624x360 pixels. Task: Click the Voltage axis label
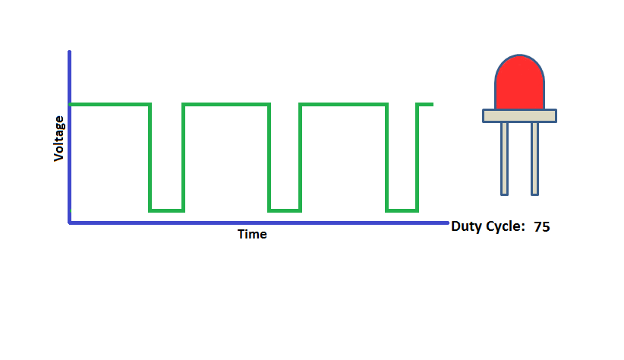(x=58, y=137)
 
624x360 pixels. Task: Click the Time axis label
(x=252, y=234)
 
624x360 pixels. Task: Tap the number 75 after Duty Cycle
(x=541, y=226)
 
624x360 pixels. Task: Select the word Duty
(x=466, y=226)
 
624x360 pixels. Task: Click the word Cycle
(x=505, y=226)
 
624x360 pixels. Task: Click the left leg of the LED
(x=504, y=157)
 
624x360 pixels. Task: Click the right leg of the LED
(x=534, y=157)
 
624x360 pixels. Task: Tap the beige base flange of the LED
(x=520, y=115)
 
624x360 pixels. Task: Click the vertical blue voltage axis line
(x=70, y=137)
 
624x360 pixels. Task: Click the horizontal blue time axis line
(x=258, y=223)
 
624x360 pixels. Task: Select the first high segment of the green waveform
(x=110, y=104)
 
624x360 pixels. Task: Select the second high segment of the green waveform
(x=226, y=104)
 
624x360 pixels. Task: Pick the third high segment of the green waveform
(x=343, y=104)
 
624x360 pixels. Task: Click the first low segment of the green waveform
(x=167, y=210)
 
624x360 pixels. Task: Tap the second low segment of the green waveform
(x=285, y=210)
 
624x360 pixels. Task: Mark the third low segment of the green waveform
(x=402, y=210)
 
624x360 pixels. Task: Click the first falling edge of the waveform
(x=150, y=156)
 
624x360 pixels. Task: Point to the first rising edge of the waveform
(x=184, y=156)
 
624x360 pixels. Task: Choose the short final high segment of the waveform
(x=426, y=104)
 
